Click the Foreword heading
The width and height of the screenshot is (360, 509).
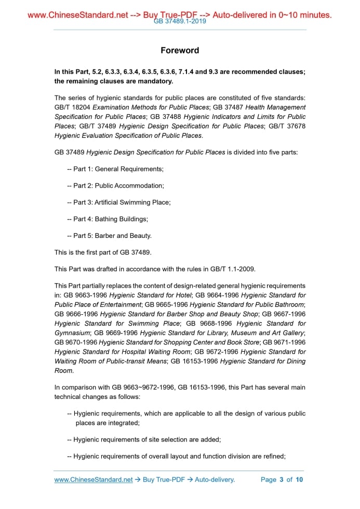180,50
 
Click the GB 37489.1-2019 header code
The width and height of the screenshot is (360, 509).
180,22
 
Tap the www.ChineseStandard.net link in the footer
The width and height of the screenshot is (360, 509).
94,479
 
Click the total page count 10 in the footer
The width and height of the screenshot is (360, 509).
299,479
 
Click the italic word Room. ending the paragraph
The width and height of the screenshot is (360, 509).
64,371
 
